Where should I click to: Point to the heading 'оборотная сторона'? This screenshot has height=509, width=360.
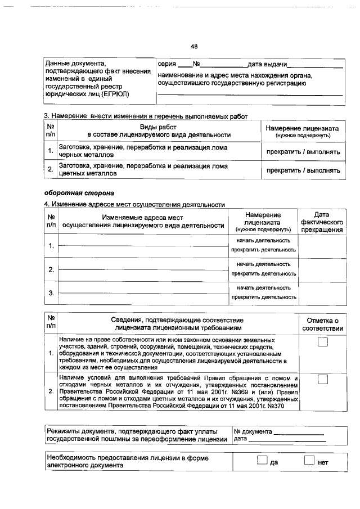click(x=74, y=193)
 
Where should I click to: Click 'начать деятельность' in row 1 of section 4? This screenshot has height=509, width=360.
click(x=263, y=240)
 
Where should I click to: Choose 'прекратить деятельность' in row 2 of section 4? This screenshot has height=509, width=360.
click(x=263, y=273)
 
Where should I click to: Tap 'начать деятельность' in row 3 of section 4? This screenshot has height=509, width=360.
click(x=263, y=287)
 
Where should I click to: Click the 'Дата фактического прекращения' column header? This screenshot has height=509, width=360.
click(x=321, y=223)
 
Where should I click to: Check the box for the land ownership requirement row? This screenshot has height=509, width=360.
click(x=322, y=343)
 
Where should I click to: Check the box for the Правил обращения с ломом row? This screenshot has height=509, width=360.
click(x=322, y=380)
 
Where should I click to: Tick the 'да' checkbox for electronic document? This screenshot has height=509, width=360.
click(x=260, y=461)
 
